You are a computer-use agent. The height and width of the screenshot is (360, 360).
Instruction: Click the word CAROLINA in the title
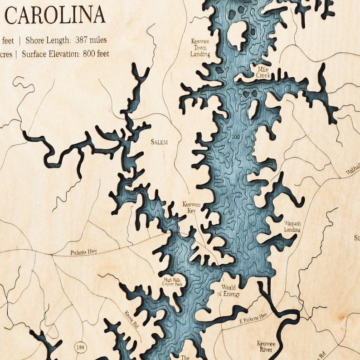(x=55, y=15)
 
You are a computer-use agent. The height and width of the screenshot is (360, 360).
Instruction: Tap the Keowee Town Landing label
(x=200, y=47)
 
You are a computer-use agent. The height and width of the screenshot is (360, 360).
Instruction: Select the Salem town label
(x=159, y=142)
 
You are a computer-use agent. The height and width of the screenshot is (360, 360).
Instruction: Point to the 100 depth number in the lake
(x=235, y=137)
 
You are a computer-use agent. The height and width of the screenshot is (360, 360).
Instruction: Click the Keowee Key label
(x=191, y=208)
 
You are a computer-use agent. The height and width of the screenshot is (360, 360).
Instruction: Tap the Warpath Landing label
(x=292, y=227)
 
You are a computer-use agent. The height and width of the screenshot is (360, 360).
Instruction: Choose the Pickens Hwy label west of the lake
(x=84, y=252)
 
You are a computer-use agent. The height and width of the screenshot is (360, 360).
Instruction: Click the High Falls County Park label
(x=173, y=282)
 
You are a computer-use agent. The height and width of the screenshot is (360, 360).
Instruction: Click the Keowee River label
(x=266, y=347)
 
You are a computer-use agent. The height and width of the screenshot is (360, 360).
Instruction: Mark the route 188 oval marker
(x=80, y=347)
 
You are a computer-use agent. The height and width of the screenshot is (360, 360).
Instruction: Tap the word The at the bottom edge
(x=185, y=357)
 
